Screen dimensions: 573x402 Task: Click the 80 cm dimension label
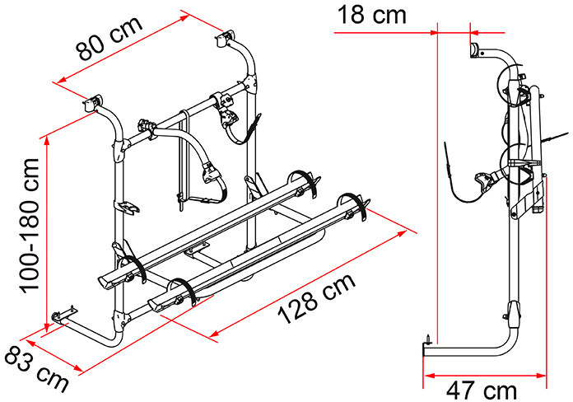tap(109, 39)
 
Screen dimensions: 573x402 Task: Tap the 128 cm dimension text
tap(316, 299)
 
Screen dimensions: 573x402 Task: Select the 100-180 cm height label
tap(30, 226)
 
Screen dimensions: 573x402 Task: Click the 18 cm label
tap(371, 15)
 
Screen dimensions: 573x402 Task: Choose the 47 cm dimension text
tap(482, 390)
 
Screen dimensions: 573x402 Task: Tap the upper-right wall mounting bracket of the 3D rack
tap(226, 38)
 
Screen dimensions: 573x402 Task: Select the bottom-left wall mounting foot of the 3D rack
tap(64, 316)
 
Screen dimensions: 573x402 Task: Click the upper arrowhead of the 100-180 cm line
tap(46, 141)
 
